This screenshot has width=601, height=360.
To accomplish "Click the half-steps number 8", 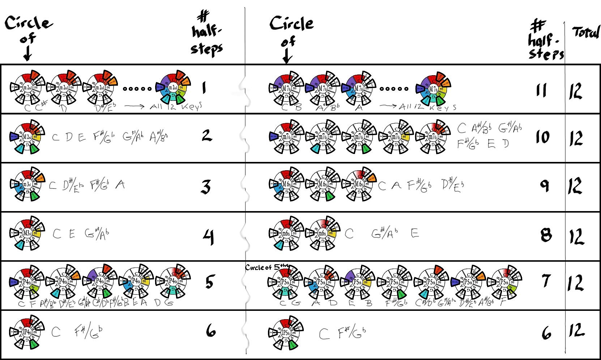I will pyautogui.click(x=546, y=235).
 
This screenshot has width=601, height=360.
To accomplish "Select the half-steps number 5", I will pyautogui.click(x=209, y=282).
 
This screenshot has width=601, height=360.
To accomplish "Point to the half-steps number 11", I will pyautogui.click(x=541, y=90).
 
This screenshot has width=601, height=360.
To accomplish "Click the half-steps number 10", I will pyautogui.click(x=542, y=137).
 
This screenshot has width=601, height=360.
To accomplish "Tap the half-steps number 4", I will pyautogui.click(x=208, y=237).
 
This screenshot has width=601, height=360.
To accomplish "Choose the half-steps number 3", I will pyautogui.click(x=206, y=187).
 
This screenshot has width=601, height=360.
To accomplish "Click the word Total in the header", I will pyautogui.click(x=586, y=33).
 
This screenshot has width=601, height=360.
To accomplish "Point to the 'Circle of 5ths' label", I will pyautogui.click(x=267, y=267).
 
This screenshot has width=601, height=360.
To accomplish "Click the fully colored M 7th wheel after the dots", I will pyautogui.click(x=433, y=89).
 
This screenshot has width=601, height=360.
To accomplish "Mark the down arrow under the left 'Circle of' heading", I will pyautogui.click(x=27, y=54).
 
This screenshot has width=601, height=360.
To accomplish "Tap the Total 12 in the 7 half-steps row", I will pyautogui.click(x=576, y=283).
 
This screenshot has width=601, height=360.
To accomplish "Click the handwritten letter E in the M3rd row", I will pyautogui.click(x=72, y=234).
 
